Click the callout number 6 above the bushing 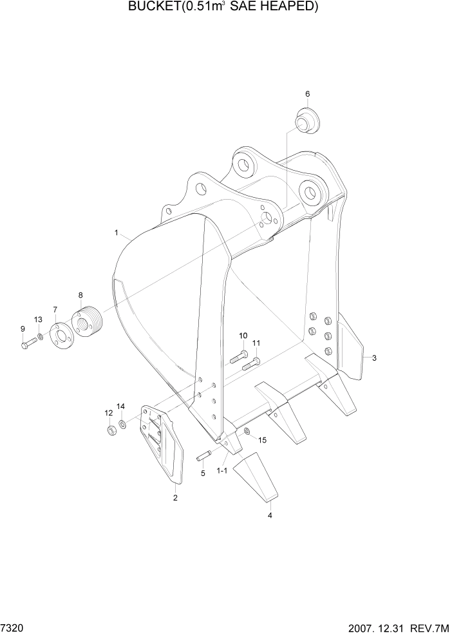click(x=307, y=94)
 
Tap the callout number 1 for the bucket click(x=117, y=232)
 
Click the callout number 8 click(x=80, y=295)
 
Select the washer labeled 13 click(x=41, y=336)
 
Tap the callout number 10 click(x=243, y=336)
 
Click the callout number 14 click(x=120, y=406)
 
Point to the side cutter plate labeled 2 click(x=162, y=444)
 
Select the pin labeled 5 click(x=204, y=457)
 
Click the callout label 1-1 click(x=222, y=471)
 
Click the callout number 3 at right click(x=374, y=358)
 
